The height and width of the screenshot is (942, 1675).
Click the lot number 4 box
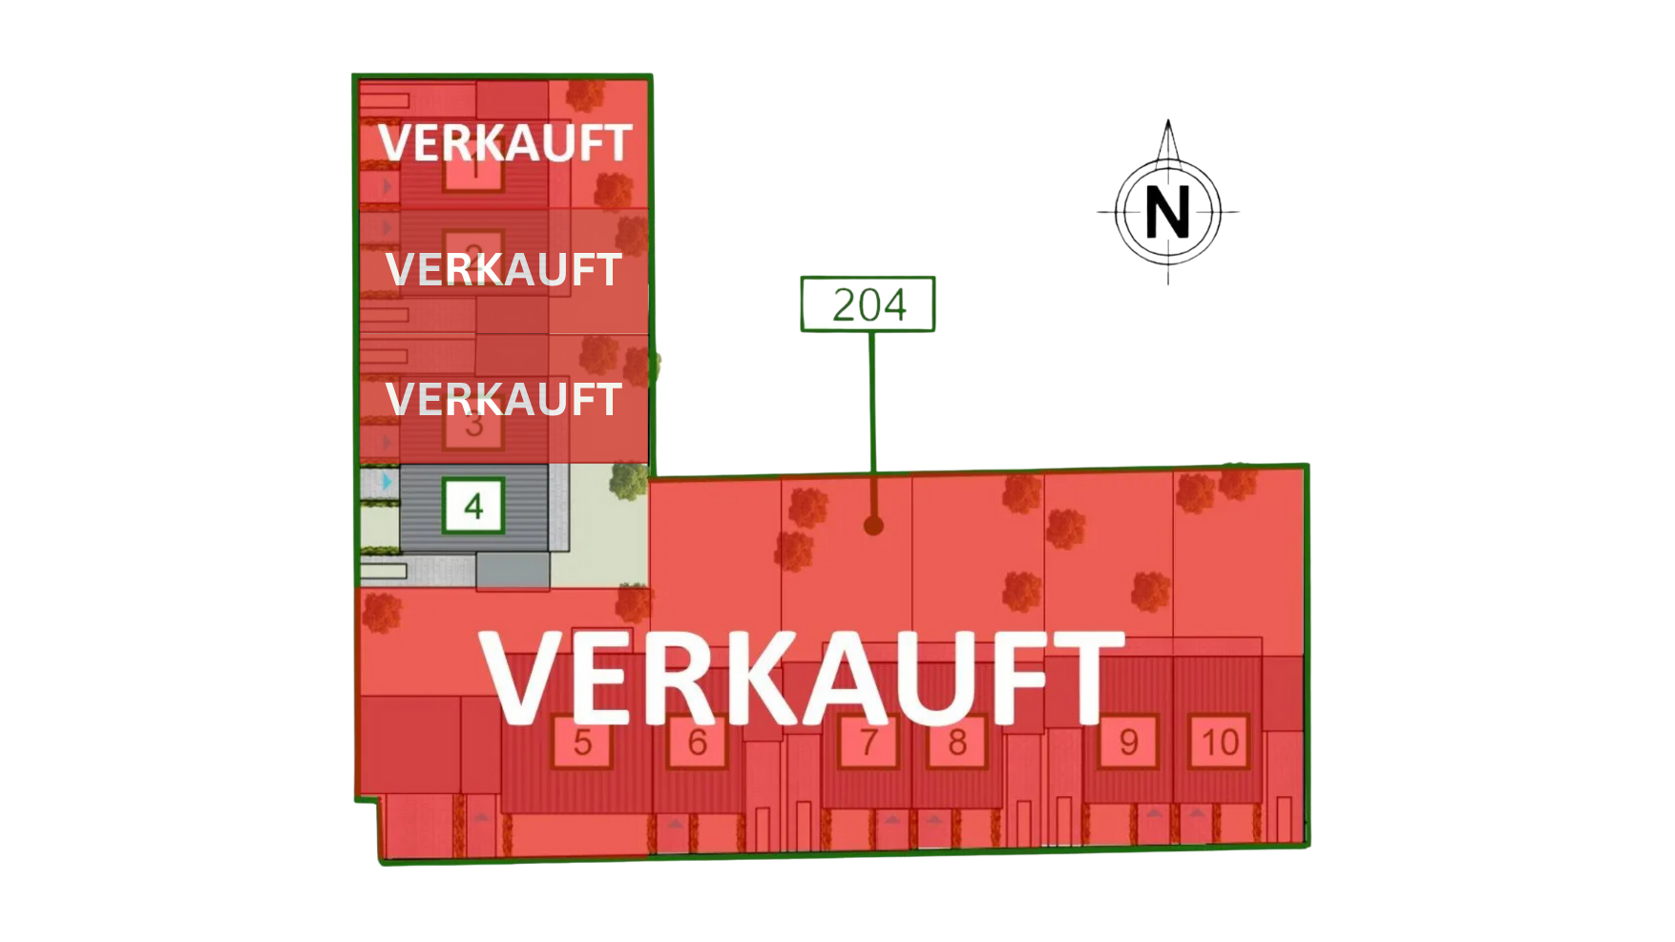coord(473,506)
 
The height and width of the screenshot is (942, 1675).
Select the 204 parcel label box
coord(867,304)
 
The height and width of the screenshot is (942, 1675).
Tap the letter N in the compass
coord(1167,212)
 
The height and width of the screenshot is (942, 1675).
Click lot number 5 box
coord(582,742)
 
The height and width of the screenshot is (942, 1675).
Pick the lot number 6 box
coord(698,742)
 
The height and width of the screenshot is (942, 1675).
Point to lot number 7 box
coord(868,742)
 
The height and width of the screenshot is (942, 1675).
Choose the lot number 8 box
coord(957,742)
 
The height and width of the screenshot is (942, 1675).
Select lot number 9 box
coord(1128,742)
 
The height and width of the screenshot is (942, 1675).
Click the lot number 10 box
coord(1220,742)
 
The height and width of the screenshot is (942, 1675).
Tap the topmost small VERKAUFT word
coord(505,143)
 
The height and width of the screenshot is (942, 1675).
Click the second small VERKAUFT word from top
coord(504,269)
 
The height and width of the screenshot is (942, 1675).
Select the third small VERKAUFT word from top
coord(504,399)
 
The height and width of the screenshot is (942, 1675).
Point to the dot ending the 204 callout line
coord(873,525)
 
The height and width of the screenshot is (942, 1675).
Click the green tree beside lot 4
coord(629,480)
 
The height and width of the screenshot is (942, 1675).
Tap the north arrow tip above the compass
coord(1168,124)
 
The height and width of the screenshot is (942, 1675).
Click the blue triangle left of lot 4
coord(387,482)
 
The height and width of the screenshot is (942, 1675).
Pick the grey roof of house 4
coord(515,534)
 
